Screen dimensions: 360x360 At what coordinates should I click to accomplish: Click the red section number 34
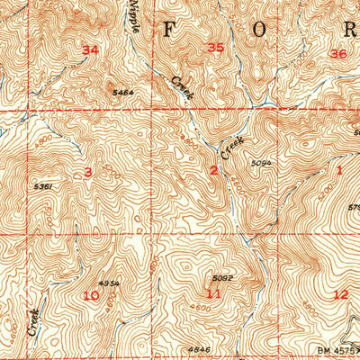coord(89,50)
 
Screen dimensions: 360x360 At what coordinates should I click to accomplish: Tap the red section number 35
coord(215,48)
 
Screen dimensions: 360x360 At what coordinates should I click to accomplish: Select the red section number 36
coord(338,54)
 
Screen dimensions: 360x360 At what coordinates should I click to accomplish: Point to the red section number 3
coord(88,172)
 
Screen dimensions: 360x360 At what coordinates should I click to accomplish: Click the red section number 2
coord(213,170)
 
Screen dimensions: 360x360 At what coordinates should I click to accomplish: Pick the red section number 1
coord(340,169)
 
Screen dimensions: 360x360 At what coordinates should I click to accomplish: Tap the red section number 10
coord(91,294)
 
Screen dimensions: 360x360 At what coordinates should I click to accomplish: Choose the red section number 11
coord(213,293)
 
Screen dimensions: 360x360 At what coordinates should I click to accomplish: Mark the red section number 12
coord(339,293)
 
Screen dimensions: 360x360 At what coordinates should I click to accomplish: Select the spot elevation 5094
coord(262,163)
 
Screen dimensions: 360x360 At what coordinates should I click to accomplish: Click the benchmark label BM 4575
coord(339,346)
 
